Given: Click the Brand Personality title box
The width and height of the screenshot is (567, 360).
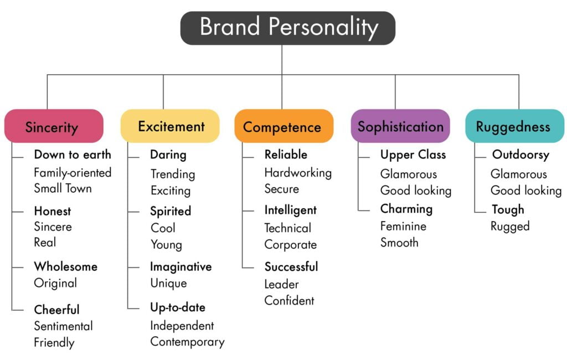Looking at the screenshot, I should [288, 28].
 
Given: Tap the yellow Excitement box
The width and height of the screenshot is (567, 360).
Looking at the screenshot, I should [171, 126].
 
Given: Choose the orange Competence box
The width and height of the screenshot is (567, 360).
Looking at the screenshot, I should [283, 126].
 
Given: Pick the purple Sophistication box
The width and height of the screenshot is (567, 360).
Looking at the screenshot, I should [400, 126].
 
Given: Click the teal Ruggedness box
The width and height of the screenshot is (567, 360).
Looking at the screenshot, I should [514, 126].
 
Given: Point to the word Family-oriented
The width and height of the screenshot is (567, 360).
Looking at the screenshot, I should [73, 172].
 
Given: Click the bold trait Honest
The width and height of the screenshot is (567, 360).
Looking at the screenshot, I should [53, 211].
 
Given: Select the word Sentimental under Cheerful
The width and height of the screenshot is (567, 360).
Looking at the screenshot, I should [63, 326].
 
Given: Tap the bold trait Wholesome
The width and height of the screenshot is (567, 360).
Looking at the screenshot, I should [65, 266].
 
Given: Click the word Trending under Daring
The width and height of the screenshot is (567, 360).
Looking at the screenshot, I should [173, 174].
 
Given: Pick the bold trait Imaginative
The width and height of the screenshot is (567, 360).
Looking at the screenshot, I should [181, 266].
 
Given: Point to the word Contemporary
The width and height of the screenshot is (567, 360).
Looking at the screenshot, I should [187, 342].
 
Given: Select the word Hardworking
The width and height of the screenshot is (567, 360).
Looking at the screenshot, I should [298, 172].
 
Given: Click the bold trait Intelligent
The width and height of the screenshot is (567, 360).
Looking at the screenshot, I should [290, 210].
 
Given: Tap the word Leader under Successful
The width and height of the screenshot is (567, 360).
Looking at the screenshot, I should [281, 284].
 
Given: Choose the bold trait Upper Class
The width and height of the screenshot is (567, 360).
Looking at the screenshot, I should [413, 155].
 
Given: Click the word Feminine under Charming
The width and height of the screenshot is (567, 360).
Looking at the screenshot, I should [403, 226].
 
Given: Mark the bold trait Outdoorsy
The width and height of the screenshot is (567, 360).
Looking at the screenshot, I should [520, 155].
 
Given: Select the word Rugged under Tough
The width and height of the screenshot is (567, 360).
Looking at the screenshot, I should [510, 226].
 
